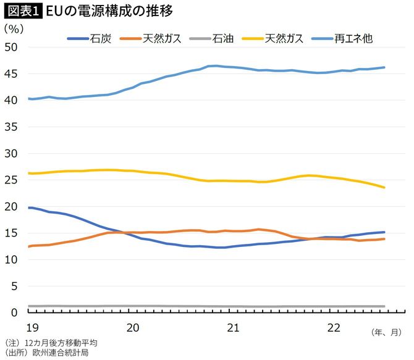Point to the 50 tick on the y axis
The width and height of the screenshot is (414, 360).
coord(11,48)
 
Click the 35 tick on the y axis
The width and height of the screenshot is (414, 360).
coord(11,127)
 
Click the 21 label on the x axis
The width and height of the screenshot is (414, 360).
coord(233,326)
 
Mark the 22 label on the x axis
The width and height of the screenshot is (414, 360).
coord(334,326)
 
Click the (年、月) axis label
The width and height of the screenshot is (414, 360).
coord(388,333)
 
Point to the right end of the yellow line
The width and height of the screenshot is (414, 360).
coord(384,187)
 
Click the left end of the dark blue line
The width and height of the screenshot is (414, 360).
coord(29,207)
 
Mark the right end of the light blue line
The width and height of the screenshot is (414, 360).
coord(384,67)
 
